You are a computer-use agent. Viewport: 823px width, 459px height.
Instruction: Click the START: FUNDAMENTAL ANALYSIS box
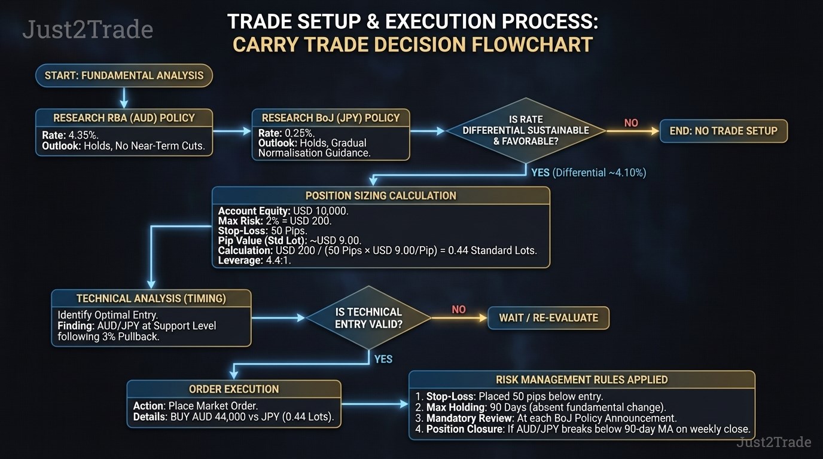(124, 76)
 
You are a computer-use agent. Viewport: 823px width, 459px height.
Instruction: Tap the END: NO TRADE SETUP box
(724, 131)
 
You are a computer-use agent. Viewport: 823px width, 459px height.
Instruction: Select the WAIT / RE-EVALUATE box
(548, 318)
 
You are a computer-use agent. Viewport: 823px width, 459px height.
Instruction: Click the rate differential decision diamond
(526, 131)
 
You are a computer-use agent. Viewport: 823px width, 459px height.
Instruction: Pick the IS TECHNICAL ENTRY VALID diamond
(368, 318)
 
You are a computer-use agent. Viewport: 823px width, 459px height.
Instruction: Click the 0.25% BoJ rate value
(300, 133)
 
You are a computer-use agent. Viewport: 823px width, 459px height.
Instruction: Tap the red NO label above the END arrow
(631, 123)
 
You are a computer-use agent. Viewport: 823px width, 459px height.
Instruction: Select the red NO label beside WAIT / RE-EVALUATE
(459, 310)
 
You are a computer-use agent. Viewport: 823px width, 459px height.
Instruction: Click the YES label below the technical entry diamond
(383, 359)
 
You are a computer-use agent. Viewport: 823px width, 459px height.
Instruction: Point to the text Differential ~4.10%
(599, 173)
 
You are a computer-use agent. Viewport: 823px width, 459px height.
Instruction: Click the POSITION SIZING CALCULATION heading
(380, 195)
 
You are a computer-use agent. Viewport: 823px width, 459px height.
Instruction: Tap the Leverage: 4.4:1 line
(254, 261)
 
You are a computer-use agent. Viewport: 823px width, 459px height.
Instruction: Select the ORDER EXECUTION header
(234, 389)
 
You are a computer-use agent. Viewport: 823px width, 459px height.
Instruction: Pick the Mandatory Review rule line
(546, 418)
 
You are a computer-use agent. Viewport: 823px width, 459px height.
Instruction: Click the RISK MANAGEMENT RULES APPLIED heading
(581, 380)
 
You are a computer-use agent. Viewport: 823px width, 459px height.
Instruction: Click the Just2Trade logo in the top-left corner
(88, 29)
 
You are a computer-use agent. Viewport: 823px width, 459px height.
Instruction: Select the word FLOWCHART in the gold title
(532, 45)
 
